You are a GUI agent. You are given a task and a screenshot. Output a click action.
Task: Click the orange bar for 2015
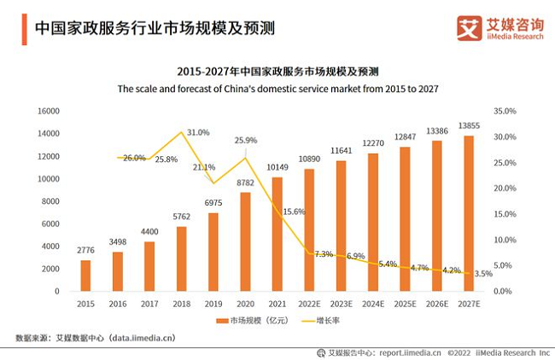pos(85,275)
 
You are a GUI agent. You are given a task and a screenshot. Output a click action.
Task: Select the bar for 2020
pos(245,241)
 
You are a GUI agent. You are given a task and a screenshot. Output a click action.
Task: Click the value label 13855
pos(468,126)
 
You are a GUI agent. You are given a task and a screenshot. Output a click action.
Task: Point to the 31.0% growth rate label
pos(198,133)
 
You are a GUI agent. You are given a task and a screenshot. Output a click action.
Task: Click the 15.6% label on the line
pos(295,212)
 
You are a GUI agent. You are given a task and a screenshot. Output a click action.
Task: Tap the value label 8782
pos(245,183)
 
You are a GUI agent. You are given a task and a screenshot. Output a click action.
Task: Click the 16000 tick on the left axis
pos(47,111)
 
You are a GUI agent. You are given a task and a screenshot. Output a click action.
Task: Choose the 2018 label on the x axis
pos(181,304)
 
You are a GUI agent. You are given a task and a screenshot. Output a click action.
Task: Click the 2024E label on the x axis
pos(372,304)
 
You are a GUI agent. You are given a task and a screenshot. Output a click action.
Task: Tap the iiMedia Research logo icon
pos(470,27)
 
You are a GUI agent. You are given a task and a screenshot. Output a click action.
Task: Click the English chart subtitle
pos(277,88)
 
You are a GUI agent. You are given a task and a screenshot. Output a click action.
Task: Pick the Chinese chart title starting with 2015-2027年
pos(277,71)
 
